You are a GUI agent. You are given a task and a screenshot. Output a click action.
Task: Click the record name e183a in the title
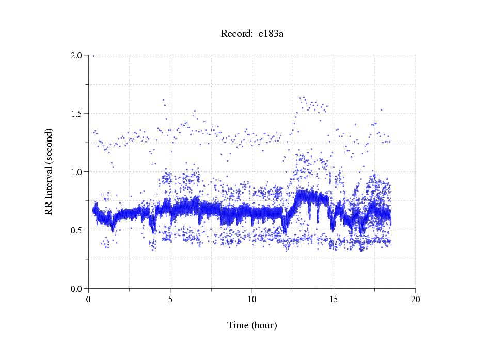point(272,34)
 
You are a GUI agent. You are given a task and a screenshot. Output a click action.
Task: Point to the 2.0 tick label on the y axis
point(77,55)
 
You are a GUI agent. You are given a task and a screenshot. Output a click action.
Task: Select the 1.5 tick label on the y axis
point(77,114)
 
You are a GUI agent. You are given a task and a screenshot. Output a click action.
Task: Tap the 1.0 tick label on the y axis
point(77,172)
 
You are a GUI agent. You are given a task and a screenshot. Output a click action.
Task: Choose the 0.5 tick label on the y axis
point(77,230)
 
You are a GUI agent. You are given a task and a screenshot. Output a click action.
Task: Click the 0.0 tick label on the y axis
point(77,289)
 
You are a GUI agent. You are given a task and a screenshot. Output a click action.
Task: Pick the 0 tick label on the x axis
point(89,299)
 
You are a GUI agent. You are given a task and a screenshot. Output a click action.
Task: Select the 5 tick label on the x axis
point(170,299)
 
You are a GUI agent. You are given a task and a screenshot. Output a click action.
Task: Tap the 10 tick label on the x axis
point(252,299)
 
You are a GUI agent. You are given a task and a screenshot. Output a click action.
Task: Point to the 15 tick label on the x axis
point(334,299)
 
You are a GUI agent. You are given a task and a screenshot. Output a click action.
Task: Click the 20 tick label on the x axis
point(415,299)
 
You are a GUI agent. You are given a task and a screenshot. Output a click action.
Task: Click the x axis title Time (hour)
point(252,325)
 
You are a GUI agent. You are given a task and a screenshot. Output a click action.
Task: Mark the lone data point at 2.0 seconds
point(93,56)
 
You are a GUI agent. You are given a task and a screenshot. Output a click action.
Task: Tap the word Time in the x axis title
point(238,325)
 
